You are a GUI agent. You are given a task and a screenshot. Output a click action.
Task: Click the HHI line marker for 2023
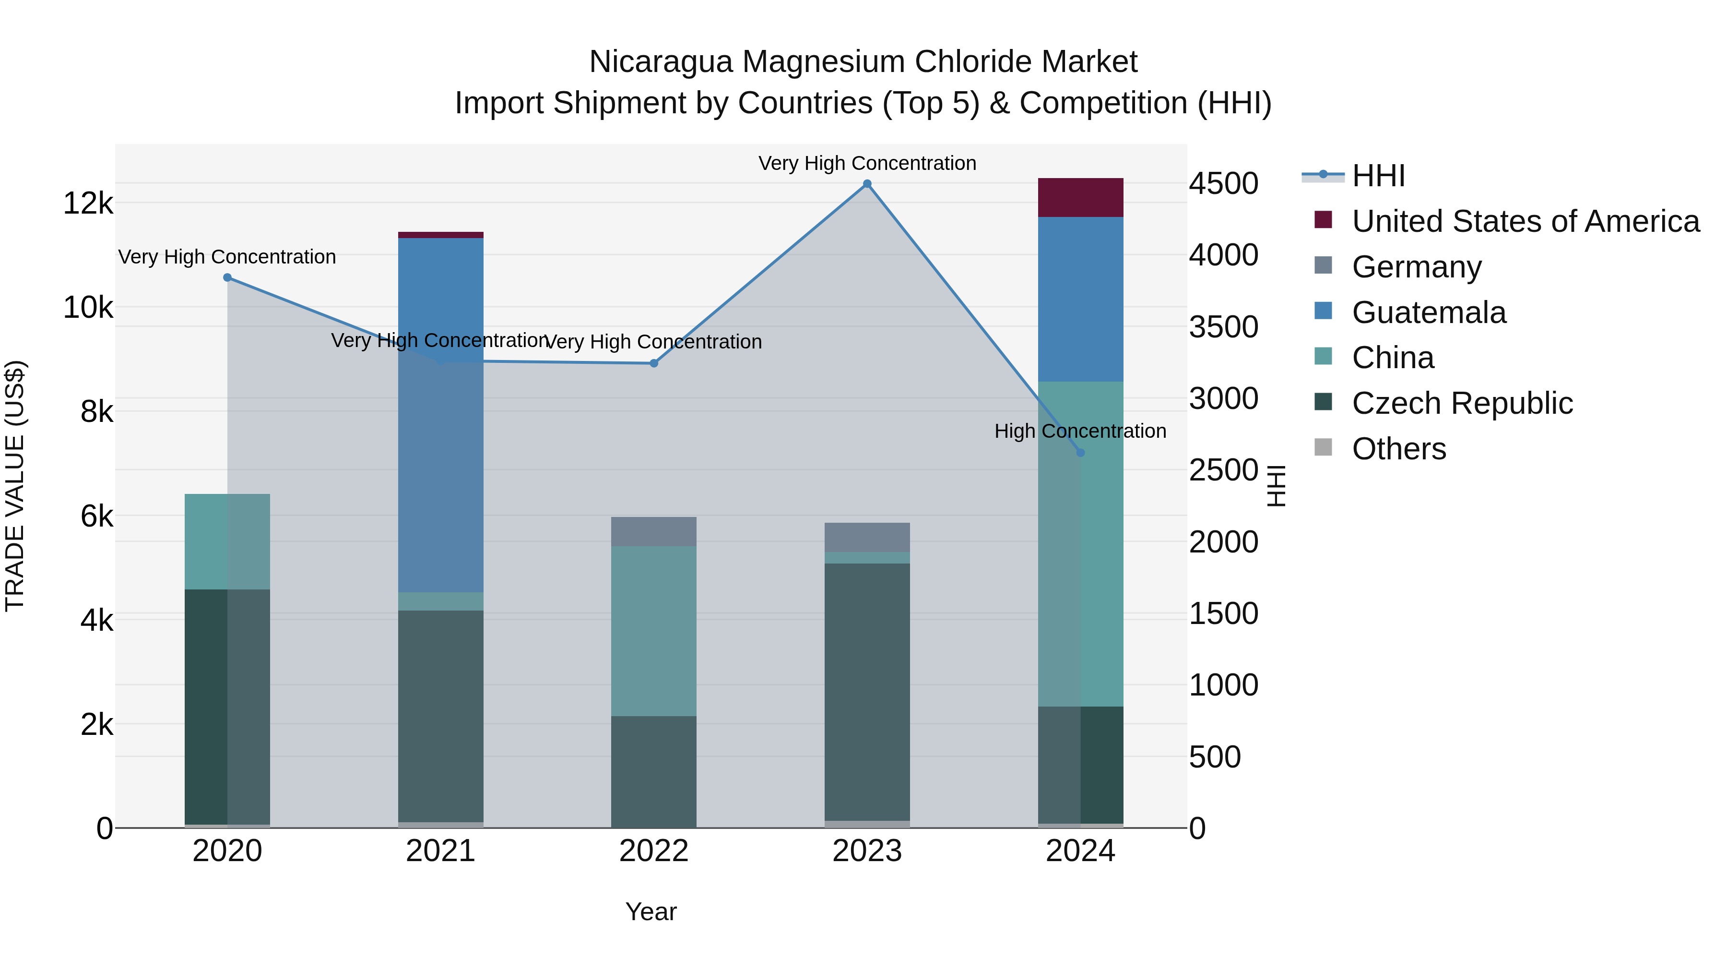pos(867,184)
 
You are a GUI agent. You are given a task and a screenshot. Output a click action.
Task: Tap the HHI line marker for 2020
pos(227,278)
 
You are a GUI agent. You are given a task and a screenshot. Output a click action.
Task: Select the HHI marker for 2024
pos(1080,453)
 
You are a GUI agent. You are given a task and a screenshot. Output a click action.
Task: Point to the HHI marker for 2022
pos(654,363)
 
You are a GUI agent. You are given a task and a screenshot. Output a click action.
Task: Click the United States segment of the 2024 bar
pos(1080,198)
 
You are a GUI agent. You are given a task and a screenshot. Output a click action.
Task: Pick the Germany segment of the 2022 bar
pos(654,532)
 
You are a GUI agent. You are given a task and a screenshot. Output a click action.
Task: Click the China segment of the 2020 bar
pos(227,542)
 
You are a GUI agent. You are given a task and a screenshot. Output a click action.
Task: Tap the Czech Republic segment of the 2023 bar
pos(867,691)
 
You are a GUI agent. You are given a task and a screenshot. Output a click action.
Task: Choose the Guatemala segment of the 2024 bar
pos(1080,299)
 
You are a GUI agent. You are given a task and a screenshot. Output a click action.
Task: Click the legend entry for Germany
pos(1416,267)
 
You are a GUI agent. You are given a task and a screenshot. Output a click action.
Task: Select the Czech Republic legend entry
pos(1462,403)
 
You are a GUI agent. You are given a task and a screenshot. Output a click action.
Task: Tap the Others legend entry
pos(1398,449)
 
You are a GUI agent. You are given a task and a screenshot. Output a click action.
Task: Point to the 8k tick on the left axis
pos(96,412)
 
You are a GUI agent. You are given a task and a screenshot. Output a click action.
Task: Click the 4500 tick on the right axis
pos(1223,184)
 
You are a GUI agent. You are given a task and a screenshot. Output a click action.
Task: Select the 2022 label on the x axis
pos(654,851)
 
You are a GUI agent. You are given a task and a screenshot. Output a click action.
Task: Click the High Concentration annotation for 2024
pos(1080,432)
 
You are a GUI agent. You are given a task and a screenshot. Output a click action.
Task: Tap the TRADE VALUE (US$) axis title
pos(15,486)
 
